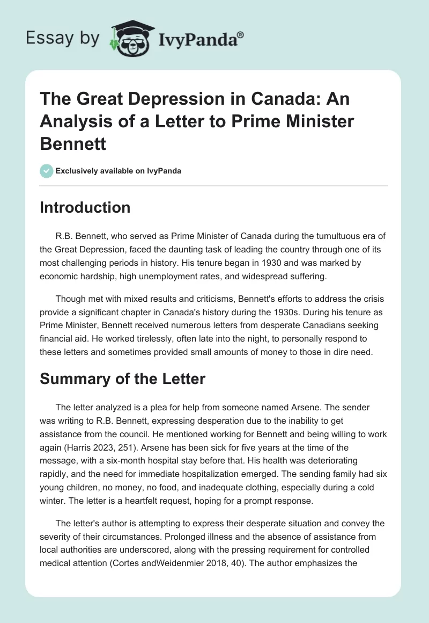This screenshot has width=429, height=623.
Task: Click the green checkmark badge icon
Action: pos(46,171)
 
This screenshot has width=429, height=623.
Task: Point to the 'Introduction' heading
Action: pos(85,208)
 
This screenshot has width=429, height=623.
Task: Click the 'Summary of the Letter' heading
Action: pos(122,379)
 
